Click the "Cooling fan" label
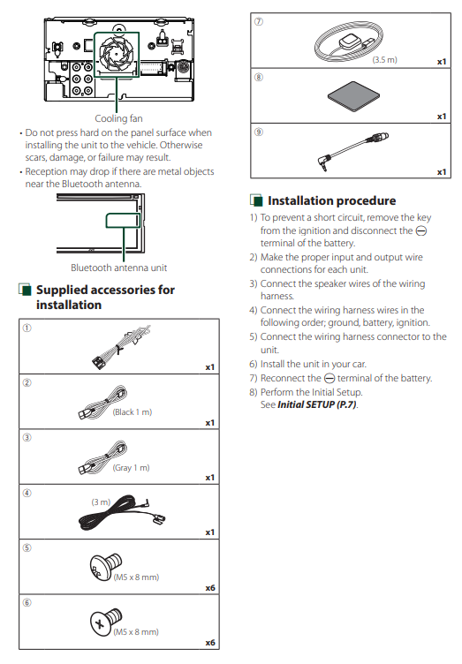point(118,118)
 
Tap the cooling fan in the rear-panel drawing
point(117,54)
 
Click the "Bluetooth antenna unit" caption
point(119,268)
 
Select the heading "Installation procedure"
point(331,200)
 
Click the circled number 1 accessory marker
point(27,328)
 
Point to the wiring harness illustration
point(121,346)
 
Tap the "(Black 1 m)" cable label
point(133,412)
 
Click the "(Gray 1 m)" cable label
point(132,467)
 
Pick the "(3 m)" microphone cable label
point(101,502)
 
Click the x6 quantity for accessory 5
point(210,588)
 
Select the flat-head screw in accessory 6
point(105,622)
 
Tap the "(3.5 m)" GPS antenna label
point(385,60)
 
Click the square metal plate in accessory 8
point(353,96)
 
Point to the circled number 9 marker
point(258,132)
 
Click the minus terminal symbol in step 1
point(421,230)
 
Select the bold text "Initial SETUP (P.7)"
point(317,404)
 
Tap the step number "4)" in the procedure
point(254,310)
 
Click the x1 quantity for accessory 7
point(442,62)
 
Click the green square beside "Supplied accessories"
point(26,290)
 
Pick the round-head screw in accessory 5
point(105,567)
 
